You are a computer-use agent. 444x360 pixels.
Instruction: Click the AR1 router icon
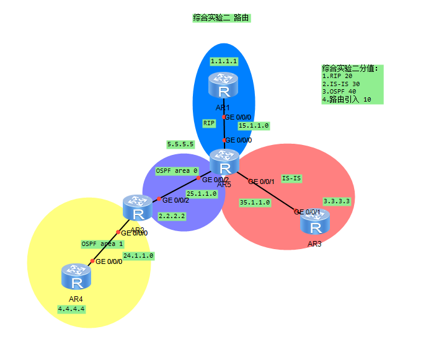pyautogui.click(x=224, y=86)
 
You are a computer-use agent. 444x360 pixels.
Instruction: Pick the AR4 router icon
pyautogui.click(x=77, y=277)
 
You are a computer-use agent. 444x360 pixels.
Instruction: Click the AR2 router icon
pyautogui.click(x=138, y=208)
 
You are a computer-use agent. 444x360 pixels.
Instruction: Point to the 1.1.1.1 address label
pyautogui.click(x=224, y=61)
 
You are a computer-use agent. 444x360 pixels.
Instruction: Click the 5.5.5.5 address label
pyautogui.click(x=180, y=144)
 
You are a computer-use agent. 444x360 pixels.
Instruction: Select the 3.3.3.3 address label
pyautogui.click(x=337, y=201)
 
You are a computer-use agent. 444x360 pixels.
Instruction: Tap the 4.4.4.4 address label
pyautogui.click(x=71, y=309)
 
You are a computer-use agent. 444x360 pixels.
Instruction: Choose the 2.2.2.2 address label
pyautogui.click(x=172, y=216)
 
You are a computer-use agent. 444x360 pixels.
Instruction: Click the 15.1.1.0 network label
pyautogui.click(x=254, y=126)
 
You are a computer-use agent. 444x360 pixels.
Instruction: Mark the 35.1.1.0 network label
pyautogui.click(x=255, y=202)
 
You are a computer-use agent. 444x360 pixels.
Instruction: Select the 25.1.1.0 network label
pyautogui.click(x=202, y=194)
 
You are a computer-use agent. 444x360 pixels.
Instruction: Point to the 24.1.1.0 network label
pyautogui.click(x=138, y=255)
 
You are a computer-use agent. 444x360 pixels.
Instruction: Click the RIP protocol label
pyautogui.click(x=209, y=123)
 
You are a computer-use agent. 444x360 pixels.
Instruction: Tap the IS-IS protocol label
pyautogui.click(x=291, y=178)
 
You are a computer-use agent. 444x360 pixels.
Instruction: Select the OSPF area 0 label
pyautogui.click(x=177, y=170)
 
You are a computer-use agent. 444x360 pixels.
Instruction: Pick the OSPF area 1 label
pyautogui.click(x=102, y=244)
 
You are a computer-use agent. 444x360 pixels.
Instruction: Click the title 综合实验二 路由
pyautogui.click(x=221, y=19)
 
